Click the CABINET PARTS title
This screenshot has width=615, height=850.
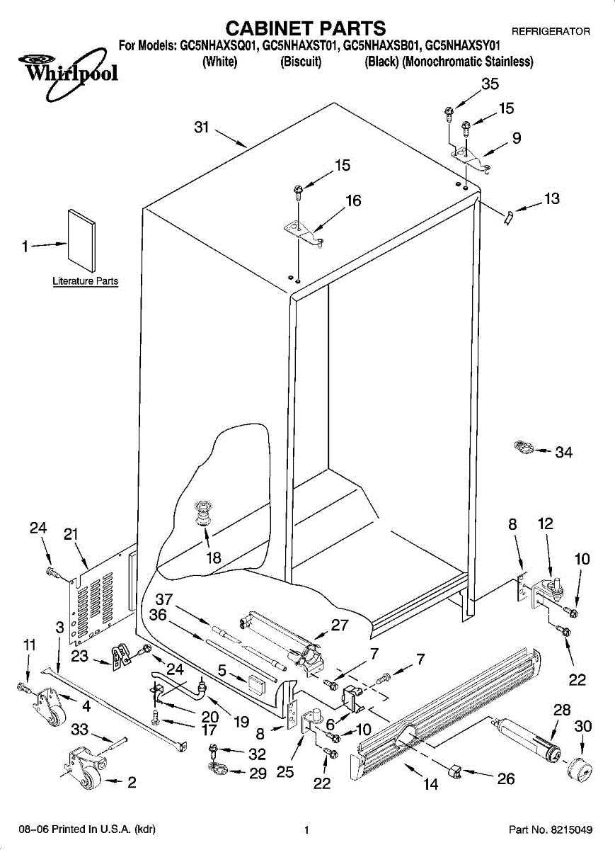pos(306,28)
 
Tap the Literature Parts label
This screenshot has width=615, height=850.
pos(86,281)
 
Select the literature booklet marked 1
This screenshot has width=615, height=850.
pos(81,239)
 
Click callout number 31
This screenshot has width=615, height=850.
pos(202,127)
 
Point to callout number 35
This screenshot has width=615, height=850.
pos(490,84)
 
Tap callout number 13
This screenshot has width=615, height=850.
pos(551,199)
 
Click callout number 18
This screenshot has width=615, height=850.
pos(213,557)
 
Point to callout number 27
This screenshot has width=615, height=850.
pos(340,625)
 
